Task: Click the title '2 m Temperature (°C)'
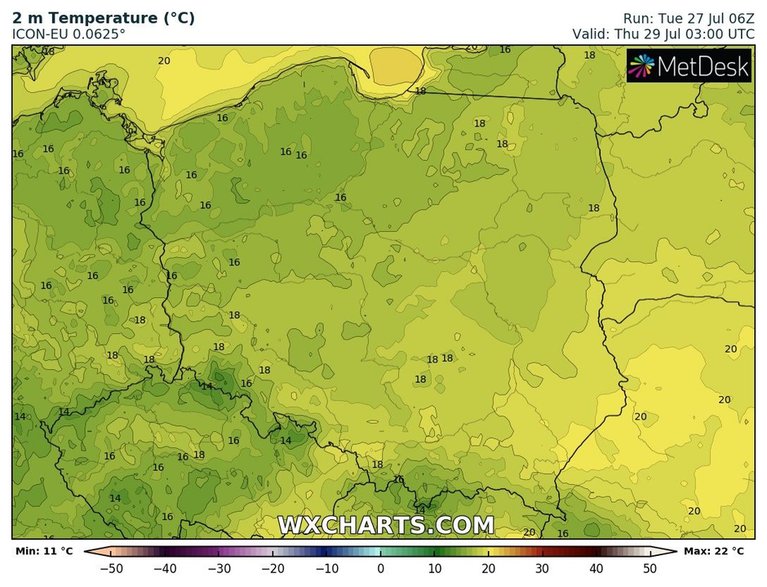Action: tap(103, 18)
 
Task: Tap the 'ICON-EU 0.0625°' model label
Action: tap(69, 34)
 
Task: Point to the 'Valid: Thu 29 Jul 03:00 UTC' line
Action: tap(663, 33)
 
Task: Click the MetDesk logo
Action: tap(690, 66)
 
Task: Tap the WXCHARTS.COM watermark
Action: tap(385, 524)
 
